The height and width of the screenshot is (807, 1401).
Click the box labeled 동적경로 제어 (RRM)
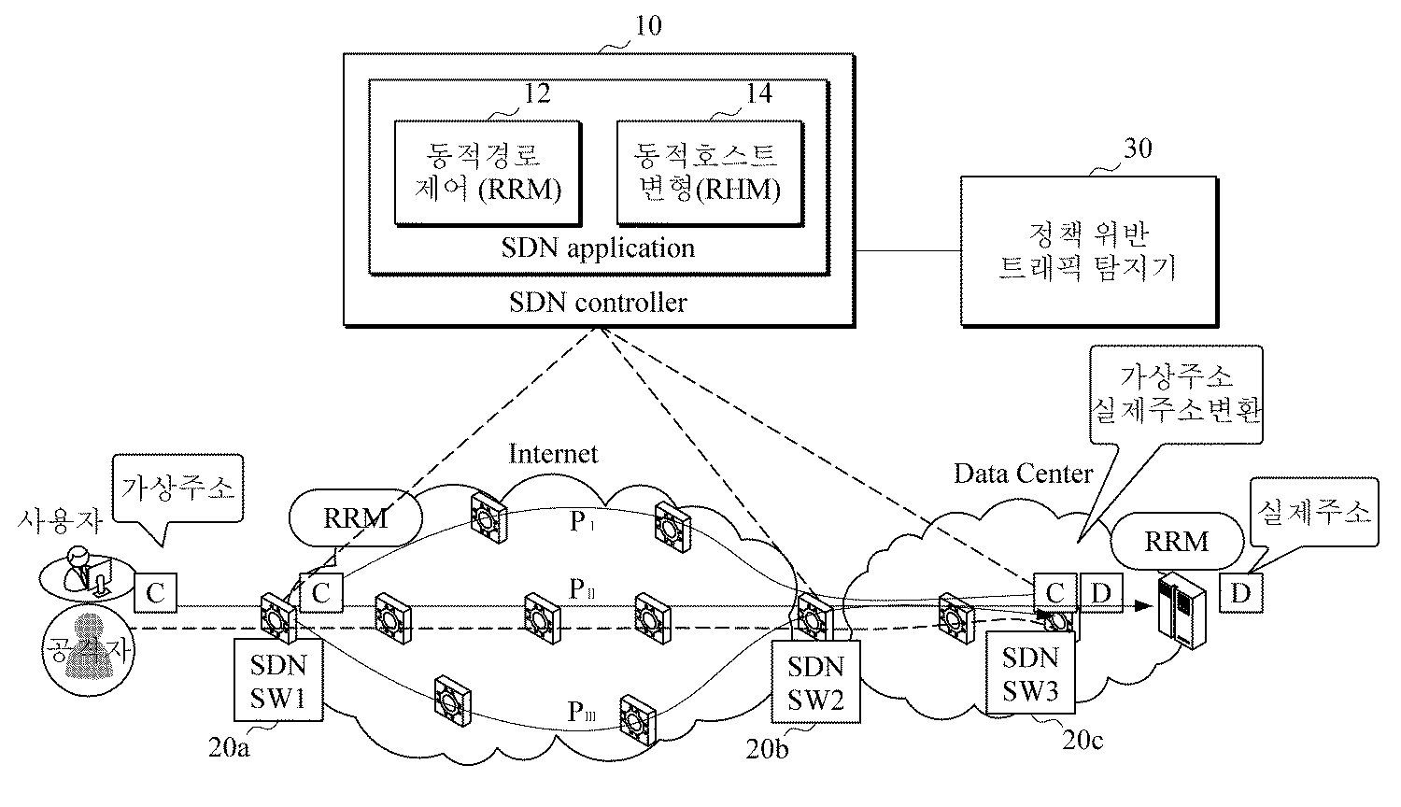coord(485,172)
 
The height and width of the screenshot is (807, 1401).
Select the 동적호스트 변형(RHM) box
coord(707,172)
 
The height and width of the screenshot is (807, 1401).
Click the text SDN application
coord(598,248)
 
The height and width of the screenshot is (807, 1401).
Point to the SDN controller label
coord(598,303)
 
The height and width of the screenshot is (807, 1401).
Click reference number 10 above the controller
coord(647,25)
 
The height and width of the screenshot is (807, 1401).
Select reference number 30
coord(1137,149)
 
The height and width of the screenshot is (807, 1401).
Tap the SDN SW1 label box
coord(278,681)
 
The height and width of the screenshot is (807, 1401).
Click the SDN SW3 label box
coord(1030,673)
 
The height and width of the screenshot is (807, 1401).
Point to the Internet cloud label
coord(553,454)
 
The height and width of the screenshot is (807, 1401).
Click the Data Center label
coord(1023,474)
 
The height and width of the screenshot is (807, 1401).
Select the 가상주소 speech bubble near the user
coord(177,488)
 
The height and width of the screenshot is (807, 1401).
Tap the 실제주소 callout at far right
coord(1315,512)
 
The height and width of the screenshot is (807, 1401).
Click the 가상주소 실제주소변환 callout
coord(1177,393)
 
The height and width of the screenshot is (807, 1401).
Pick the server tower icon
coord(1179,607)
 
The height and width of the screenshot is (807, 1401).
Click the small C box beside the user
coord(155,592)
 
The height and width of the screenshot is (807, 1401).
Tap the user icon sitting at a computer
coord(82,572)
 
